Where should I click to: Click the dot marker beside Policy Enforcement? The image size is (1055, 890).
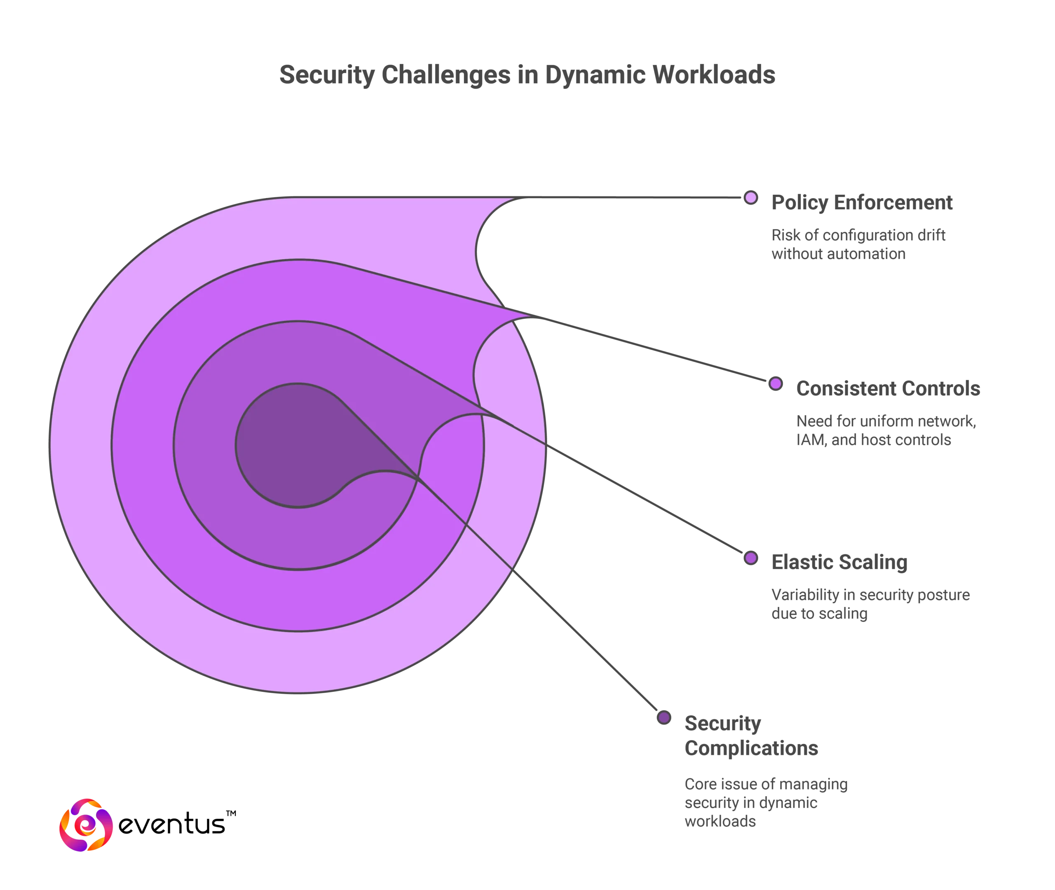click(x=750, y=198)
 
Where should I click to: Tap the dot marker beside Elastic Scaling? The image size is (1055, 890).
click(x=751, y=558)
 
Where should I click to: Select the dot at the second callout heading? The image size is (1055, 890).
click(x=775, y=384)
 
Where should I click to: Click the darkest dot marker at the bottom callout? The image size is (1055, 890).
click(x=664, y=717)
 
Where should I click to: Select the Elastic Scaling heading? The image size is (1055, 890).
click(x=840, y=563)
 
